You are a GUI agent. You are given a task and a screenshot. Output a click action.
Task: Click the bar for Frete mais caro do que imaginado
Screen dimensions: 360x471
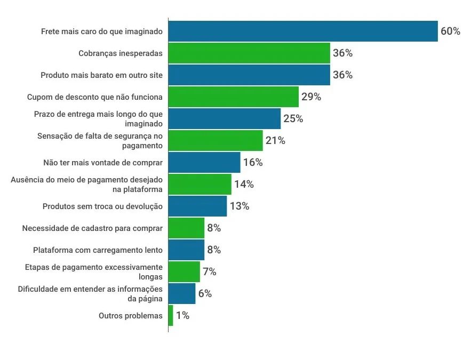303,31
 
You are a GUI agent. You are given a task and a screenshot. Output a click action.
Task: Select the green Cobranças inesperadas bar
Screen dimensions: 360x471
249,53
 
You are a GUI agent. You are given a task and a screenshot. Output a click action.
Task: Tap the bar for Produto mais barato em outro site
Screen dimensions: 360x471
249,75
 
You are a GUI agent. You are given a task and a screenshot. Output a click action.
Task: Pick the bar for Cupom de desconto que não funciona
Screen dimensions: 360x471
233,97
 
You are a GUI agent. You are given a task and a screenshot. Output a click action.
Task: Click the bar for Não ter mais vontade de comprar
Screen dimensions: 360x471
204,163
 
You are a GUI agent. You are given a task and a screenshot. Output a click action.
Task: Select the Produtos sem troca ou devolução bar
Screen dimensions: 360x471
197,206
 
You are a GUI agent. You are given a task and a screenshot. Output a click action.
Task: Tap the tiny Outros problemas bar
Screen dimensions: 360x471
171,316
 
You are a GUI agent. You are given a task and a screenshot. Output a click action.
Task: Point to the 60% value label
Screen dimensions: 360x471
450,31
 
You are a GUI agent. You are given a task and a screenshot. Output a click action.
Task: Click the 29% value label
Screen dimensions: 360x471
311,97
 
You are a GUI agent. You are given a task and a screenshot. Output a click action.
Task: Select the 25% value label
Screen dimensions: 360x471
293,119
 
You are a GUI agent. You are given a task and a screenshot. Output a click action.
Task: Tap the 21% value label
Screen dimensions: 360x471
275,141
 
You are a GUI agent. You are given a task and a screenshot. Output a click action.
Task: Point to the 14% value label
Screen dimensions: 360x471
243,185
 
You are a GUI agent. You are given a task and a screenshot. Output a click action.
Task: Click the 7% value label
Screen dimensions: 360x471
209,272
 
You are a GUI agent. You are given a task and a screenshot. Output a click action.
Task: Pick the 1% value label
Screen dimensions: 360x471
182,316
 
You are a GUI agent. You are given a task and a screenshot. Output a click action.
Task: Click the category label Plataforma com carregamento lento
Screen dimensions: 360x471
98,250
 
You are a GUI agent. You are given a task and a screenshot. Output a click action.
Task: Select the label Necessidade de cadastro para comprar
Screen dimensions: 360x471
92,228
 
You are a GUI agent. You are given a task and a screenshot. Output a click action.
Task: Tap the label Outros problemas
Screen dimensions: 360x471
131,316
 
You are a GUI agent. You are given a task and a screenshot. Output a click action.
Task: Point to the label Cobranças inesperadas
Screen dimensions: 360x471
121,53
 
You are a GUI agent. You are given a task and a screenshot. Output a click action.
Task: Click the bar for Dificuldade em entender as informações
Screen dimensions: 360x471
182,294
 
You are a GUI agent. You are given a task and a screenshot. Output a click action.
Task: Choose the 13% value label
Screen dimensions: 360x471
239,206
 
